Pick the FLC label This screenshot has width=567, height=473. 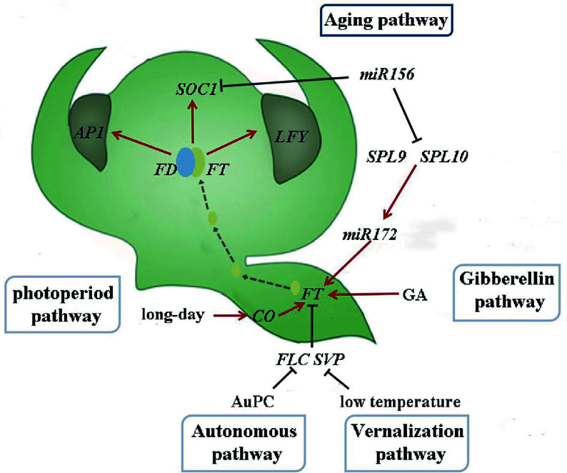click(x=292, y=358)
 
